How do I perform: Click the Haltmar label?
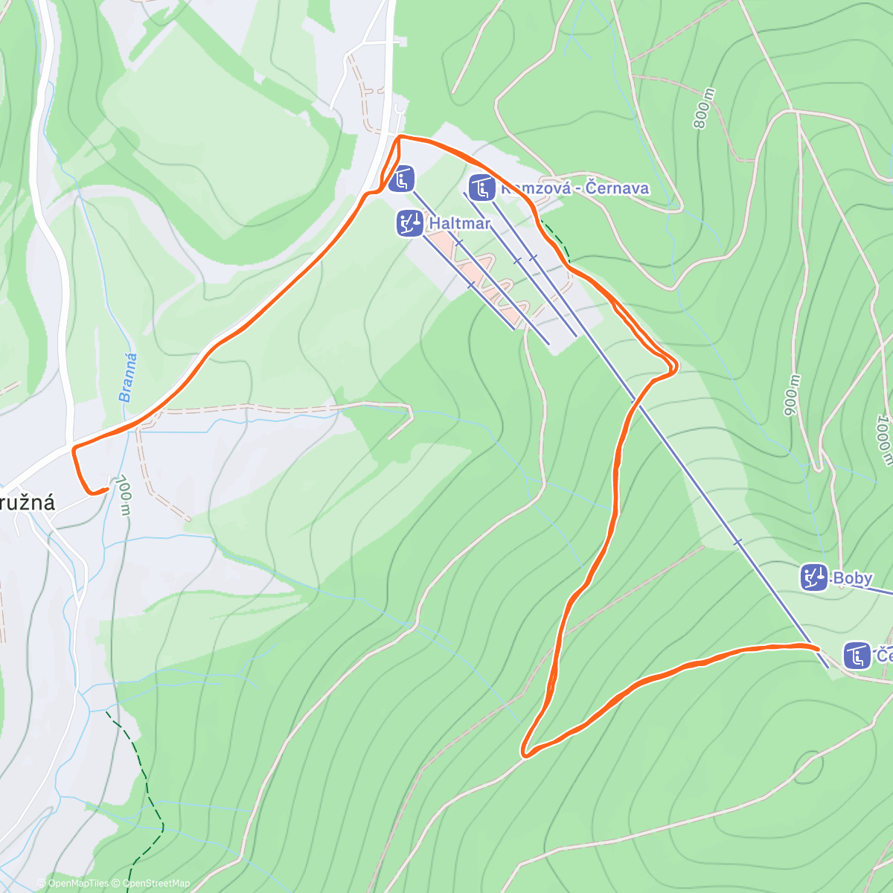click(460, 223)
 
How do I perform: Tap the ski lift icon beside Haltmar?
click(409, 223)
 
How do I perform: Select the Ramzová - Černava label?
click(574, 188)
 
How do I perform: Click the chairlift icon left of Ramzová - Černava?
click(481, 188)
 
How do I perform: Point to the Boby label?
click(852, 578)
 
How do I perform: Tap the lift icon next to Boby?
click(815, 577)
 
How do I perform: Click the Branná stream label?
click(128, 378)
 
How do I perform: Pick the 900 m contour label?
click(791, 394)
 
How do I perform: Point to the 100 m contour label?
click(124, 494)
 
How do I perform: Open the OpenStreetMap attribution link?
click(154, 883)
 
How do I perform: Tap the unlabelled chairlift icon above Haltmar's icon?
click(403, 179)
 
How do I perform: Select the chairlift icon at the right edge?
click(857, 656)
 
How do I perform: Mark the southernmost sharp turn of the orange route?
click(525, 754)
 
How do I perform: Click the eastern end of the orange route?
click(818, 648)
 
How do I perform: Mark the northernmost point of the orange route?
click(400, 136)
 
